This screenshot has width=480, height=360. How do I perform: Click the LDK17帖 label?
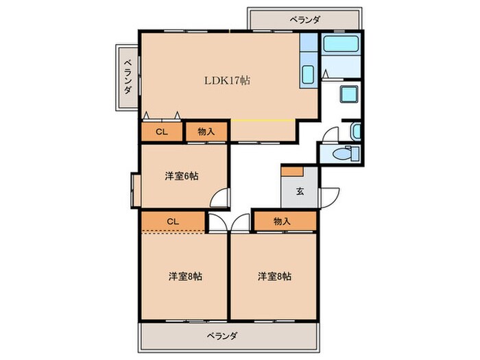coord(226,80)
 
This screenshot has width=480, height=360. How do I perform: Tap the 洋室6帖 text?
coord(182,176)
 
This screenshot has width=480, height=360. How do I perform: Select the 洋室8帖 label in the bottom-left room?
coord(185,276)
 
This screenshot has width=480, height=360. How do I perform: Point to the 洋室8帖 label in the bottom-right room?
coord(274,276)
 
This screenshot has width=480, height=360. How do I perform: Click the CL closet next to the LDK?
coord(162,132)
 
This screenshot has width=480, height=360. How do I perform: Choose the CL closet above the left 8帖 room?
coord(173,221)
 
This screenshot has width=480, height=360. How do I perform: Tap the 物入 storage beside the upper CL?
coord(206,132)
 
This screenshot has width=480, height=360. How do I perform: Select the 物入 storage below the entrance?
coord(283,221)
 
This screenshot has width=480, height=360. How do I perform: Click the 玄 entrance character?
coord(300,191)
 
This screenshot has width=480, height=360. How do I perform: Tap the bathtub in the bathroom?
coord(341,46)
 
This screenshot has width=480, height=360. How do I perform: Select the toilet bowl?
coord(339,154)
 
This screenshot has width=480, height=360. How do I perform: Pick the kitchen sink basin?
coord(308,75)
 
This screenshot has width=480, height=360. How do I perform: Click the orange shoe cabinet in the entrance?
coord(294,171)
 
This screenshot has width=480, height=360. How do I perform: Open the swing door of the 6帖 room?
coord(219,199)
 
